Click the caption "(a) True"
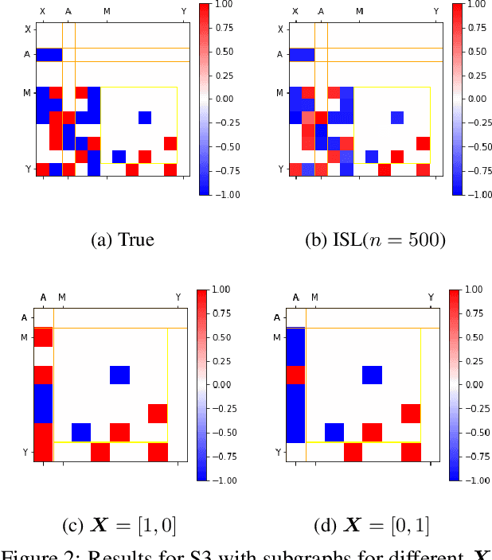(115, 239)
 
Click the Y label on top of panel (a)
(184, 11)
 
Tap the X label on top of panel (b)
(295, 11)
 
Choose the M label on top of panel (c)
(62, 297)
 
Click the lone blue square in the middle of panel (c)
(119, 375)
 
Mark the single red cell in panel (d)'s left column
(295, 375)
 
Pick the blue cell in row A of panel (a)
(49, 55)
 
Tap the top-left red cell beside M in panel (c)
(43, 337)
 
